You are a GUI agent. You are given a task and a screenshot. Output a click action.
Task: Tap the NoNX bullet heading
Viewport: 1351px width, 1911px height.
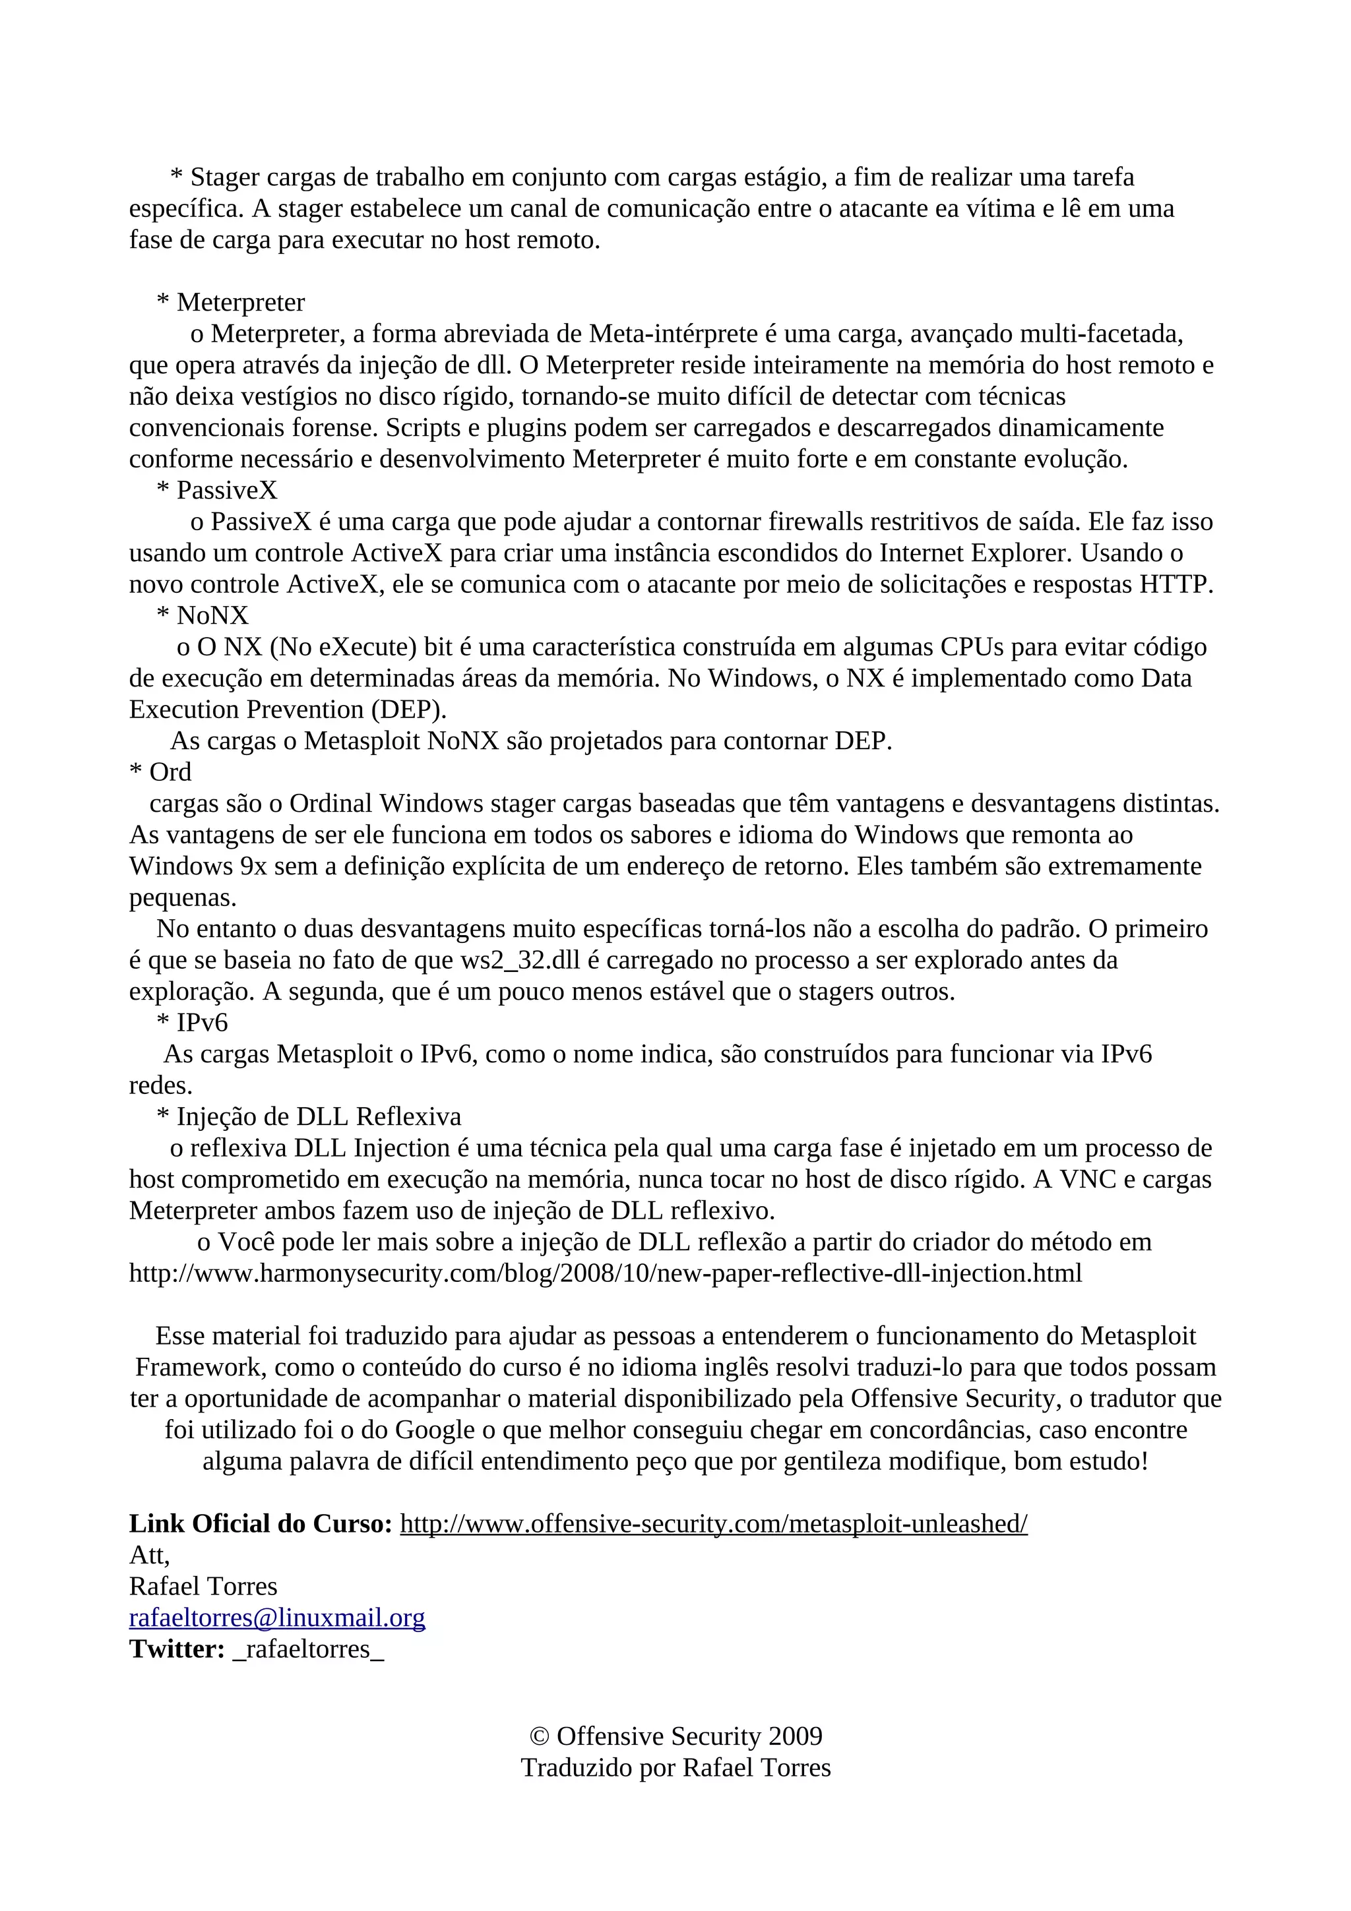pyautogui.click(x=212, y=616)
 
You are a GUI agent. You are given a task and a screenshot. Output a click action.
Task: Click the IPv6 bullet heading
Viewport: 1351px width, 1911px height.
pyautogui.click(x=201, y=1023)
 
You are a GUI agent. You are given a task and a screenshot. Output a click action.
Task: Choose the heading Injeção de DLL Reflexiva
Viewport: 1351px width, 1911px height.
pyautogui.click(x=318, y=1117)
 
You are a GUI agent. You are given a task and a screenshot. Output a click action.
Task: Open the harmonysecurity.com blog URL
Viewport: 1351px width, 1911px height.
pyautogui.click(x=605, y=1273)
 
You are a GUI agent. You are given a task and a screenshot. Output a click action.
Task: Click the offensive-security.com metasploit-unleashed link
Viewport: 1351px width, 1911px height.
pyautogui.click(x=713, y=1524)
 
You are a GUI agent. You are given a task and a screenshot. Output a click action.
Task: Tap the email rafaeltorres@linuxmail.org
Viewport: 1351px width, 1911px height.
pyautogui.click(x=276, y=1618)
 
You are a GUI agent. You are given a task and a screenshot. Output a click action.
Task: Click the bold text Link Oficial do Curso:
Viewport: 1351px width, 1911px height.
pyautogui.click(x=261, y=1524)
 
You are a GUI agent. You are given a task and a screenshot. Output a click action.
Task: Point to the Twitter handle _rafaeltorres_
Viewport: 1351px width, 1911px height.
pyautogui.click(x=309, y=1650)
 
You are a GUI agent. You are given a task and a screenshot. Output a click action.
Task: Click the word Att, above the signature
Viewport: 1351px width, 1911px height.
pyautogui.click(x=149, y=1555)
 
